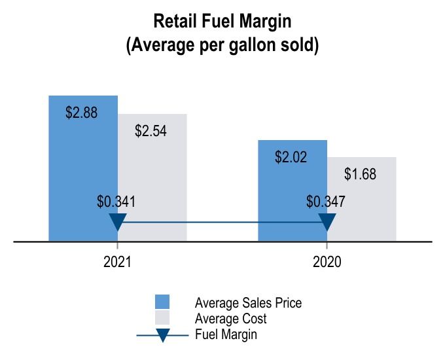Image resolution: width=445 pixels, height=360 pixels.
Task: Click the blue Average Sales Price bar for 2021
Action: (x=83, y=164)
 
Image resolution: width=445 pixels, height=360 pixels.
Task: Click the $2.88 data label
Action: (x=82, y=113)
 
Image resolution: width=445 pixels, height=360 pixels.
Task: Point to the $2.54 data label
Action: (x=151, y=130)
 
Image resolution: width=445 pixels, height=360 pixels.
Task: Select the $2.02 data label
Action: (x=291, y=157)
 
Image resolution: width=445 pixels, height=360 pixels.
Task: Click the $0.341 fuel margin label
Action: (x=116, y=202)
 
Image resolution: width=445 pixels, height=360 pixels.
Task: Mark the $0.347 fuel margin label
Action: (x=326, y=202)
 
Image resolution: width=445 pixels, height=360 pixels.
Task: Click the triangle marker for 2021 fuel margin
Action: (x=117, y=221)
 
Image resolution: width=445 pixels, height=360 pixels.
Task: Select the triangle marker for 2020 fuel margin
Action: (x=327, y=221)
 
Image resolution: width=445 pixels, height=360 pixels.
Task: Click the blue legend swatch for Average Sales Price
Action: (x=162, y=302)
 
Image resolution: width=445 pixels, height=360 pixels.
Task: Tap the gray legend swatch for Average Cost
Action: (x=162, y=318)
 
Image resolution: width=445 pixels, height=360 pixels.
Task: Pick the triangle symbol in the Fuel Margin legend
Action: (x=163, y=334)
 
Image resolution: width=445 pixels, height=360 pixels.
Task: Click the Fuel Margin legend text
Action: (x=226, y=334)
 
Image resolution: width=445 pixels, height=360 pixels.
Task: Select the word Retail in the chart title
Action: (x=174, y=22)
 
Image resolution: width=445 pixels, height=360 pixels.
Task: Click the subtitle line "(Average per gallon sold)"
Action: (x=222, y=46)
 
